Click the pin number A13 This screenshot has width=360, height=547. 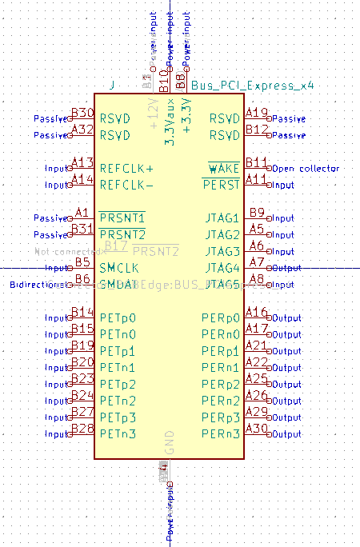[x=82, y=163]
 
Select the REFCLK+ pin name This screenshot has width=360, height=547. [x=126, y=168]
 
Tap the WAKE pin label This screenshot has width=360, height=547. [x=224, y=168]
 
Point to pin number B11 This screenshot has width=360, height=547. [x=257, y=163]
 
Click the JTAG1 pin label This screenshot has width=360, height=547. [x=222, y=218]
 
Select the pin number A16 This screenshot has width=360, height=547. [x=257, y=313]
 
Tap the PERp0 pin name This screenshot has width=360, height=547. [x=221, y=318]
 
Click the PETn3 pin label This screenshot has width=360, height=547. [x=118, y=434]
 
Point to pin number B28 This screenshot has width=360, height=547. [x=82, y=429]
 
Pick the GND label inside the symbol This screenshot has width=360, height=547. [x=170, y=442]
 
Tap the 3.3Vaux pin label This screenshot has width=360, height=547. [x=170, y=120]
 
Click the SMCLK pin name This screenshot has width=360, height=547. [x=119, y=268]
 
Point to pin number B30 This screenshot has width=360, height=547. [x=82, y=113]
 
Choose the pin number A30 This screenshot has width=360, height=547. [x=257, y=429]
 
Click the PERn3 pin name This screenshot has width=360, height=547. [x=221, y=434]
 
